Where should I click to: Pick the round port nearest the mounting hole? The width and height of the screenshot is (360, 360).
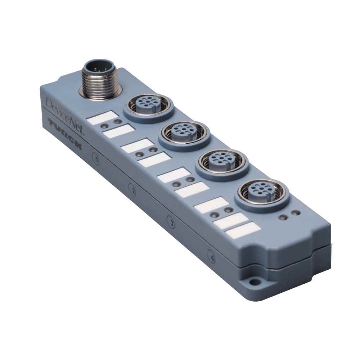[261, 191]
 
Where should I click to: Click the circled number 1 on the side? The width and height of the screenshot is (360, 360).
[96, 157]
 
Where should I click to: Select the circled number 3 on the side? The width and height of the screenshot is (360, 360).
[171, 223]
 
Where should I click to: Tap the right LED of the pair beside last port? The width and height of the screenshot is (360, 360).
[296, 214]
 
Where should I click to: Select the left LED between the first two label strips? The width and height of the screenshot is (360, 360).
[104, 126]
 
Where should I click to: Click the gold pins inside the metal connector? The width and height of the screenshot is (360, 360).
[96, 67]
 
